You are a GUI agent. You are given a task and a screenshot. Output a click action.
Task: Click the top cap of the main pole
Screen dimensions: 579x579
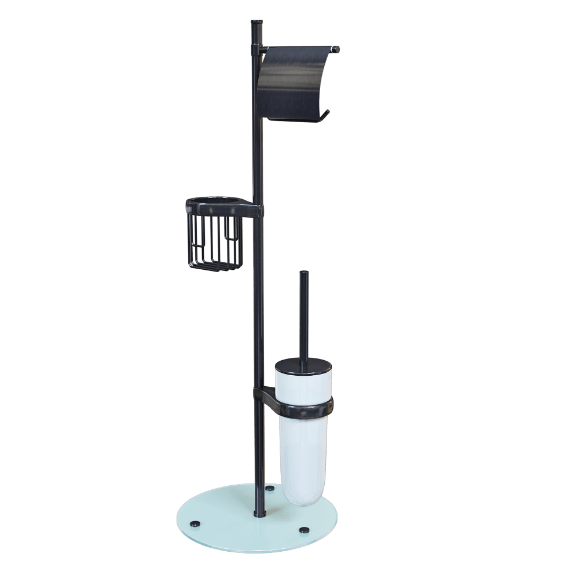256,22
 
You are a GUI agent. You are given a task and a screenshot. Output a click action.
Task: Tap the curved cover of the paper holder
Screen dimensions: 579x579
295,81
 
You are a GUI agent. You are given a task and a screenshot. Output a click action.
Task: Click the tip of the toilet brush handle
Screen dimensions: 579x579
302,272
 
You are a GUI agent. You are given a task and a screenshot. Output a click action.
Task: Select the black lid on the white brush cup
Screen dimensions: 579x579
302,366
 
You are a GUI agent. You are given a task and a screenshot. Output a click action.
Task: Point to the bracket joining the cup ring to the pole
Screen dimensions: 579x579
263,396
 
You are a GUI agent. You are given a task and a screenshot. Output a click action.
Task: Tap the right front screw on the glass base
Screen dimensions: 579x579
304,529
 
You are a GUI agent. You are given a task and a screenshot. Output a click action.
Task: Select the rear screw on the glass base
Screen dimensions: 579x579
269,489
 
